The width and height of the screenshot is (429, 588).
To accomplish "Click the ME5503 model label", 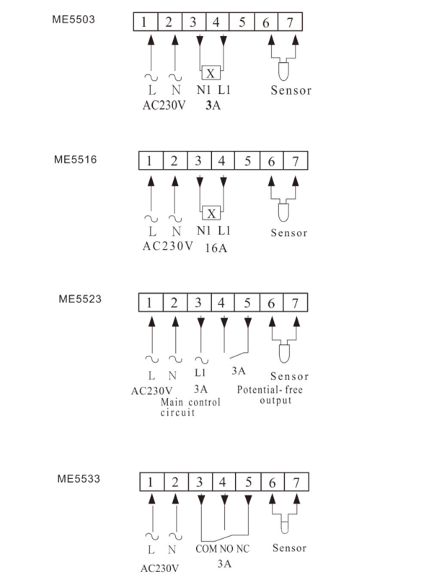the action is coord(74,19).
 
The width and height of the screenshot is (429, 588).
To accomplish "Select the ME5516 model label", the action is coord(75,159).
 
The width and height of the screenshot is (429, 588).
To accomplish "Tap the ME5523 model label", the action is coord(80,299).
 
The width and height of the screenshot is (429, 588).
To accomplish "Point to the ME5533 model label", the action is coord(79,478).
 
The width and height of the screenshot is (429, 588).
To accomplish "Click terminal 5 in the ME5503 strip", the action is coord(242,22).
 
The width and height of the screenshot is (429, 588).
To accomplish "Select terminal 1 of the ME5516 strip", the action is coord(151,161).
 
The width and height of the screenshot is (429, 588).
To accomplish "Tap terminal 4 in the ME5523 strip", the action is coord(222,302).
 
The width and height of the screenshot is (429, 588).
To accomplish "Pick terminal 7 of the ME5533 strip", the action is coord(296,482).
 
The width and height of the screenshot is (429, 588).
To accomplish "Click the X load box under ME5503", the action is coord(211,73).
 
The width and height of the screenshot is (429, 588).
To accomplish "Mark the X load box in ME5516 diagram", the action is coord(211,214).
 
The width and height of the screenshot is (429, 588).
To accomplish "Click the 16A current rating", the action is coord(216,248).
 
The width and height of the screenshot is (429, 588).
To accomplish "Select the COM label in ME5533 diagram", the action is coord(206,549).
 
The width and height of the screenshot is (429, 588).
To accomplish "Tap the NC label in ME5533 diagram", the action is coord(243,549).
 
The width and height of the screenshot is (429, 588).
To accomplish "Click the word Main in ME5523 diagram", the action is coord(172,403).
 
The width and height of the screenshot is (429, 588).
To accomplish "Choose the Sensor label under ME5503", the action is coord(291,90).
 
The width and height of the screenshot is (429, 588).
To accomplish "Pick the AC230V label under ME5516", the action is coord(168,246).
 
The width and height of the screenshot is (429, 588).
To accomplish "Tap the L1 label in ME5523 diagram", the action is coord(200,373).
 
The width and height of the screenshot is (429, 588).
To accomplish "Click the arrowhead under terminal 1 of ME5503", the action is coord(151,40).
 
